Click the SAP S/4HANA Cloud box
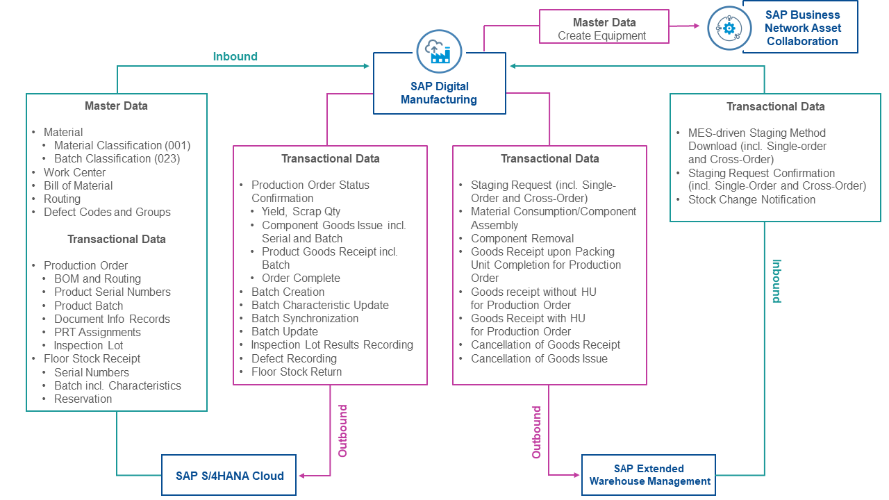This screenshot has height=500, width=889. click(x=229, y=476)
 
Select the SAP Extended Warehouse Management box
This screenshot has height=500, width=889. click(x=649, y=475)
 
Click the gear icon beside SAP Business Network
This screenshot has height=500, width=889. click(x=729, y=28)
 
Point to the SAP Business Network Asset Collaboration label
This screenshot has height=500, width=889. click(x=802, y=28)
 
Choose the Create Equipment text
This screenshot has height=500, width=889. click(x=601, y=35)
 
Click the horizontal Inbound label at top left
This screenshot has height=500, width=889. click(x=235, y=56)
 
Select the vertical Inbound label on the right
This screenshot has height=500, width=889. click(x=776, y=281)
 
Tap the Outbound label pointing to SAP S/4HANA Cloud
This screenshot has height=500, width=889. click(x=342, y=431)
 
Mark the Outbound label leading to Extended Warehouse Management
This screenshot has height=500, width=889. click(x=536, y=432)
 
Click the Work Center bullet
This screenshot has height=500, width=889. click(x=74, y=172)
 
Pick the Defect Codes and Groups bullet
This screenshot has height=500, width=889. click(x=107, y=212)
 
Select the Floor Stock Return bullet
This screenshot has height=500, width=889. click(x=297, y=372)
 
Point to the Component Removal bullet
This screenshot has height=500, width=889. click(x=522, y=238)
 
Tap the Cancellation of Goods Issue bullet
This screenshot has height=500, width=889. click(x=539, y=358)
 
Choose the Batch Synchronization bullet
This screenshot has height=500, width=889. click(x=305, y=318)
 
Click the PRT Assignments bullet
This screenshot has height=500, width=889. click(x=97, y=332)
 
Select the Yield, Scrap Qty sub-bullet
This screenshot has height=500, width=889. click(x=301, y=212)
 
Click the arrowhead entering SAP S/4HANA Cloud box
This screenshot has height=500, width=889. click(x=303, y=476)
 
